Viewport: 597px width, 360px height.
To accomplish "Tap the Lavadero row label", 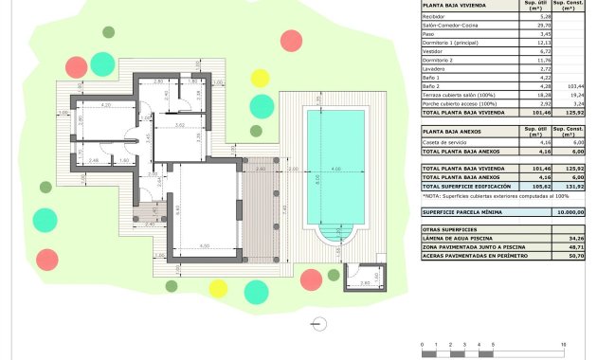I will (436, 69).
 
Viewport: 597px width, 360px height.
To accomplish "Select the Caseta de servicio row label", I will (444, 141).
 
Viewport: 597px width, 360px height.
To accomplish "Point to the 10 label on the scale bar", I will (563, 344).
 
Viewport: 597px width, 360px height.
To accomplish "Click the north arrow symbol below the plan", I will (318, 321).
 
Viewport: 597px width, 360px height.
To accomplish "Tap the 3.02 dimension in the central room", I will (179, 125).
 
